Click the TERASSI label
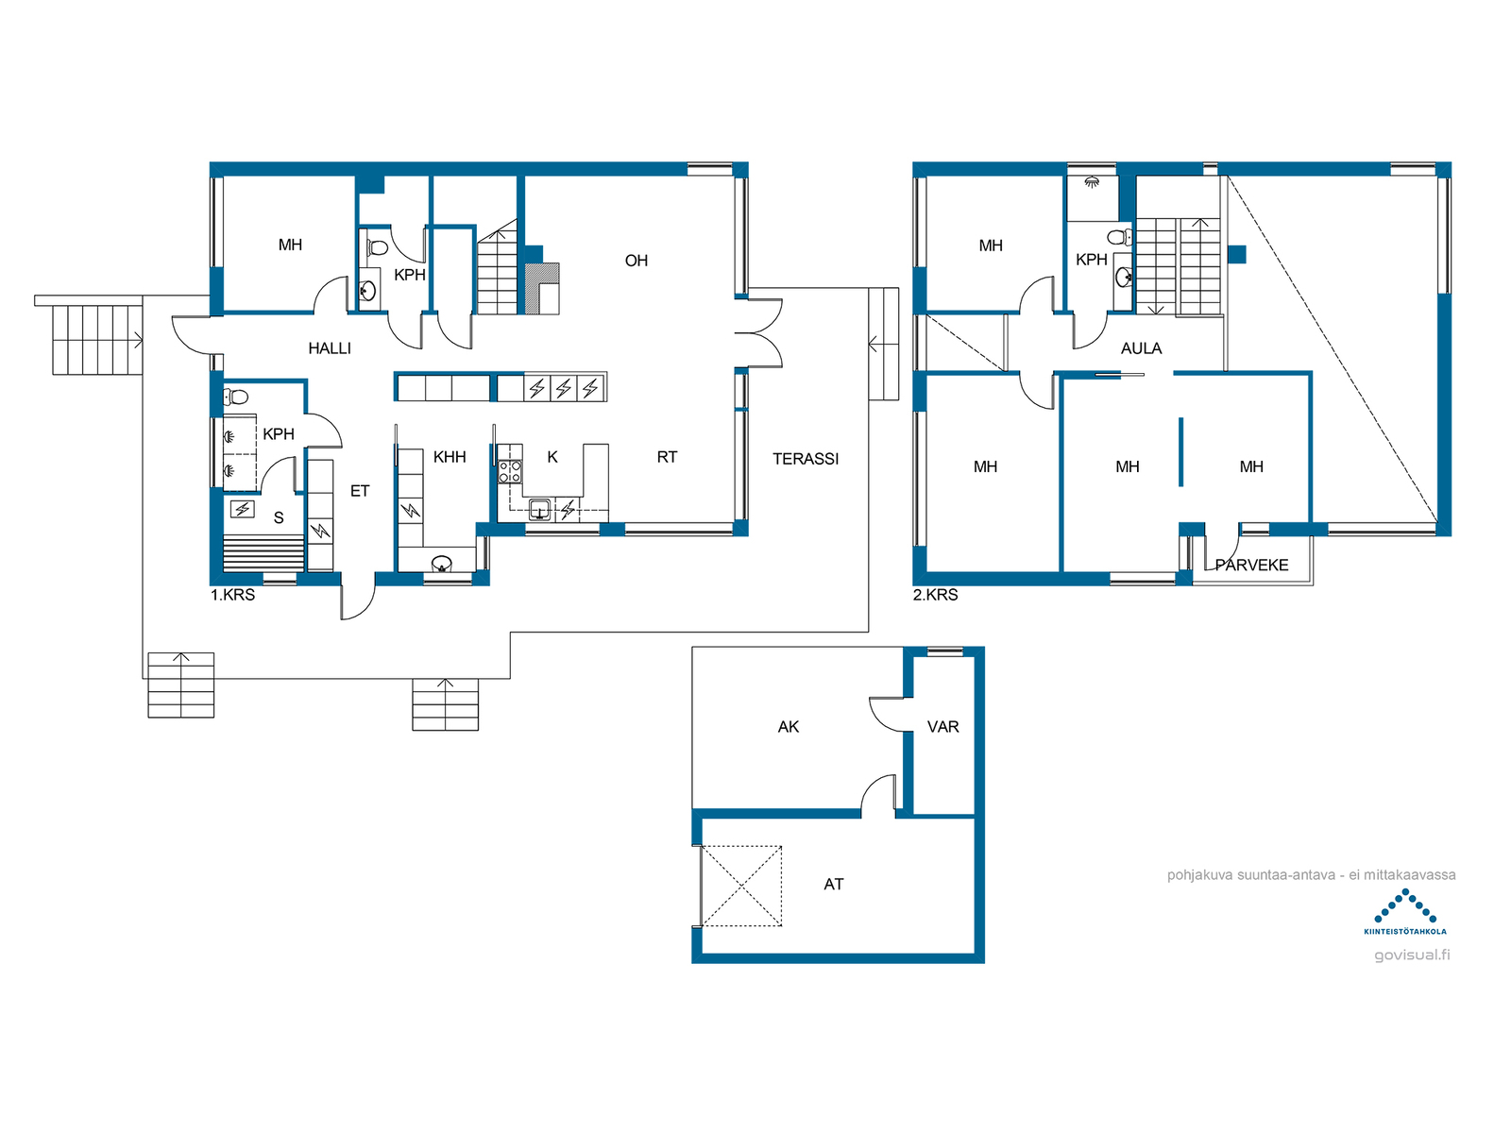click(805, 459)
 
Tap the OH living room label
click(636, 261)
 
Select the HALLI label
click(329, 348)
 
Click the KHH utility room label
click(449, 457)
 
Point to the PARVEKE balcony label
click(1250, 565)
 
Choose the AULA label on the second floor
click(1141, 348)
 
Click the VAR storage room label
click(942, 726)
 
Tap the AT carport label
click(833, 884)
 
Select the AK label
click(789, 726)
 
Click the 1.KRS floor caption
click(232, 595)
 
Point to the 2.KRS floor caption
click(935, 595)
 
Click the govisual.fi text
click(1411, 955)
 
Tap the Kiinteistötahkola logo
click(1404, 911)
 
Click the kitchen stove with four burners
click(509, 472)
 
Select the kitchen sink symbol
click(539, 510)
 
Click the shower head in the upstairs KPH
click(1091, 182)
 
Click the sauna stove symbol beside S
click(243, 509)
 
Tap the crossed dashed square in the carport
click(741, 886)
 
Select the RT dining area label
click(667, 457)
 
